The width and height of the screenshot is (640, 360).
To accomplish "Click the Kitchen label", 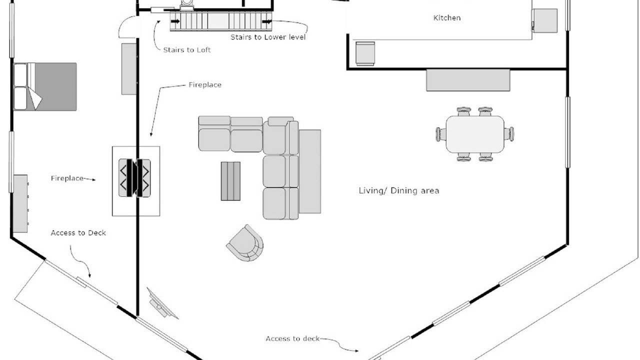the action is click(447, 18).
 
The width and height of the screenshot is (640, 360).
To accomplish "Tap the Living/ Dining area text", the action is click(399, 191).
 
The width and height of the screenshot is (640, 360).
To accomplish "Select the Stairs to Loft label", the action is click(187, 50).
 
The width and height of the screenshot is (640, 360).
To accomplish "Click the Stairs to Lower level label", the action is click(268, 37).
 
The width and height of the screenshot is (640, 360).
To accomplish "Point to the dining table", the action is click(475, 134).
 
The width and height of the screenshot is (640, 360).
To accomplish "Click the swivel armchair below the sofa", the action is click(245, 243).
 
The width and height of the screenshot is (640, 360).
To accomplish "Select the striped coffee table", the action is click(230, 181).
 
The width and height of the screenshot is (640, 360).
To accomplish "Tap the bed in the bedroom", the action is click(45, 86).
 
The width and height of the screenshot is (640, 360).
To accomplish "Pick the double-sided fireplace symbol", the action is click(134, 178).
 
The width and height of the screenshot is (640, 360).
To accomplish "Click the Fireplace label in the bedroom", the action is click(67, 178).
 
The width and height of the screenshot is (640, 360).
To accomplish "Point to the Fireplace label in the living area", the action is click(205, 85).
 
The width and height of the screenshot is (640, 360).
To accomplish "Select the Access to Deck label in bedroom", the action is click(78, 233).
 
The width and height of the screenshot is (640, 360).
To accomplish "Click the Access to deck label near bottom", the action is click(292, 339).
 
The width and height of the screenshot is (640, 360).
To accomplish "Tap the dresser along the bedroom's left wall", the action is click(20, 203).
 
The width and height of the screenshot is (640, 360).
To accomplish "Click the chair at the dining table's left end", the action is click(441, 134).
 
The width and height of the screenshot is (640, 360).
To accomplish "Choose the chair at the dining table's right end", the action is click(509, 134).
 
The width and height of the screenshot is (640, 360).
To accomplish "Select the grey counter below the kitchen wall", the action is click(468, 80).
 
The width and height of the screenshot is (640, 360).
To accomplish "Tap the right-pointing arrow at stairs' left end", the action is click(175, 21).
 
